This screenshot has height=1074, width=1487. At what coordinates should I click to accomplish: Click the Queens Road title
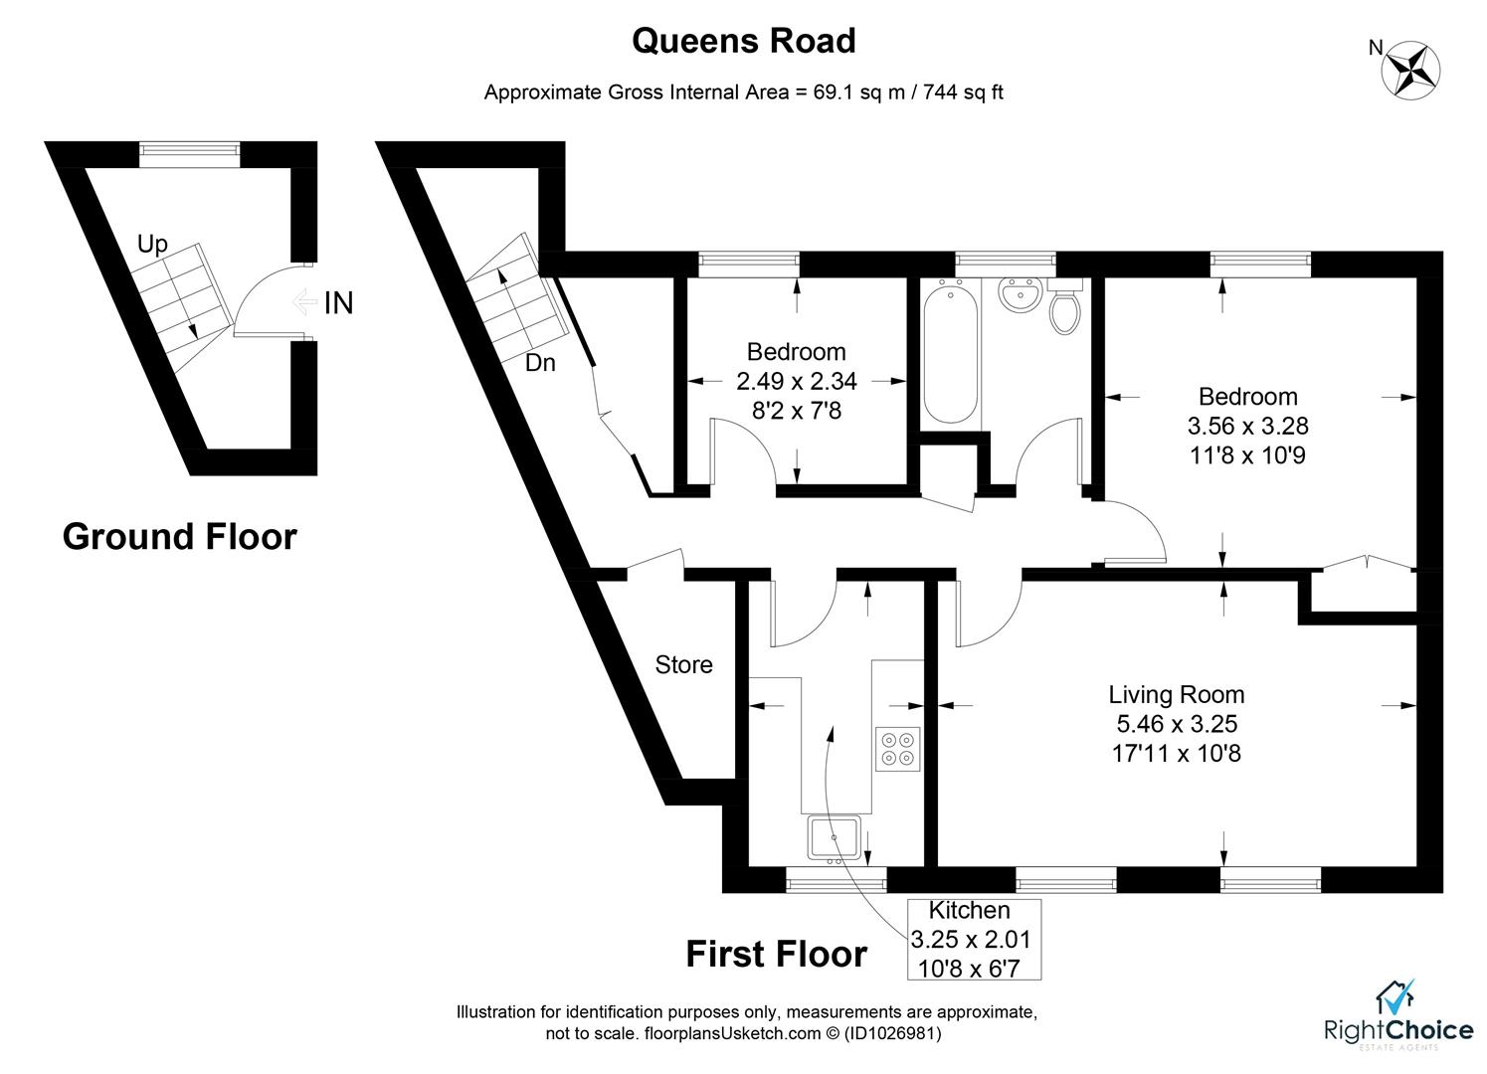tap(744, 41)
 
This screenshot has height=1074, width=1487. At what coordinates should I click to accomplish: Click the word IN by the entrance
tap(338, 303)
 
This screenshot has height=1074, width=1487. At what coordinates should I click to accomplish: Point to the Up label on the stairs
tap(153, 245)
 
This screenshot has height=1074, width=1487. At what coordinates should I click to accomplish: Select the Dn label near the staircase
tap(540, 363)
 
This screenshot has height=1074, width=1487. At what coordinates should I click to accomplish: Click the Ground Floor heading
tap(179, 536)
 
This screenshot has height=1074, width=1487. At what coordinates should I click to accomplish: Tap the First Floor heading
tap(776, 954)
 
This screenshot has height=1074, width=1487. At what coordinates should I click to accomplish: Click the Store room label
tap(683, 664)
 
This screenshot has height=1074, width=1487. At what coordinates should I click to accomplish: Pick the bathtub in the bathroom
tap(950, 350)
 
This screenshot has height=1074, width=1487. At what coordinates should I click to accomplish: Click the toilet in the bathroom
tap(1065, 308)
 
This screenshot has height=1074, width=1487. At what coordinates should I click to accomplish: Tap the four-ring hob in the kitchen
tap(897, 749)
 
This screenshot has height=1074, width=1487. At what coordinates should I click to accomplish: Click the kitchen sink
tap(834, 837)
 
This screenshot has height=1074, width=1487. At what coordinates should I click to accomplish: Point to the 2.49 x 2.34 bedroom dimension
tap(797, 381)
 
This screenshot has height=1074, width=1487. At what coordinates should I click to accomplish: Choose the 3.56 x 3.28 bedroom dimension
tap(1248, 426)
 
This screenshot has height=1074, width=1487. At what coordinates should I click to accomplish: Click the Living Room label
tap(1177, 694)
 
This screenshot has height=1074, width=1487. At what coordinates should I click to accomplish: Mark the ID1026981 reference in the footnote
tap(892, 1033)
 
